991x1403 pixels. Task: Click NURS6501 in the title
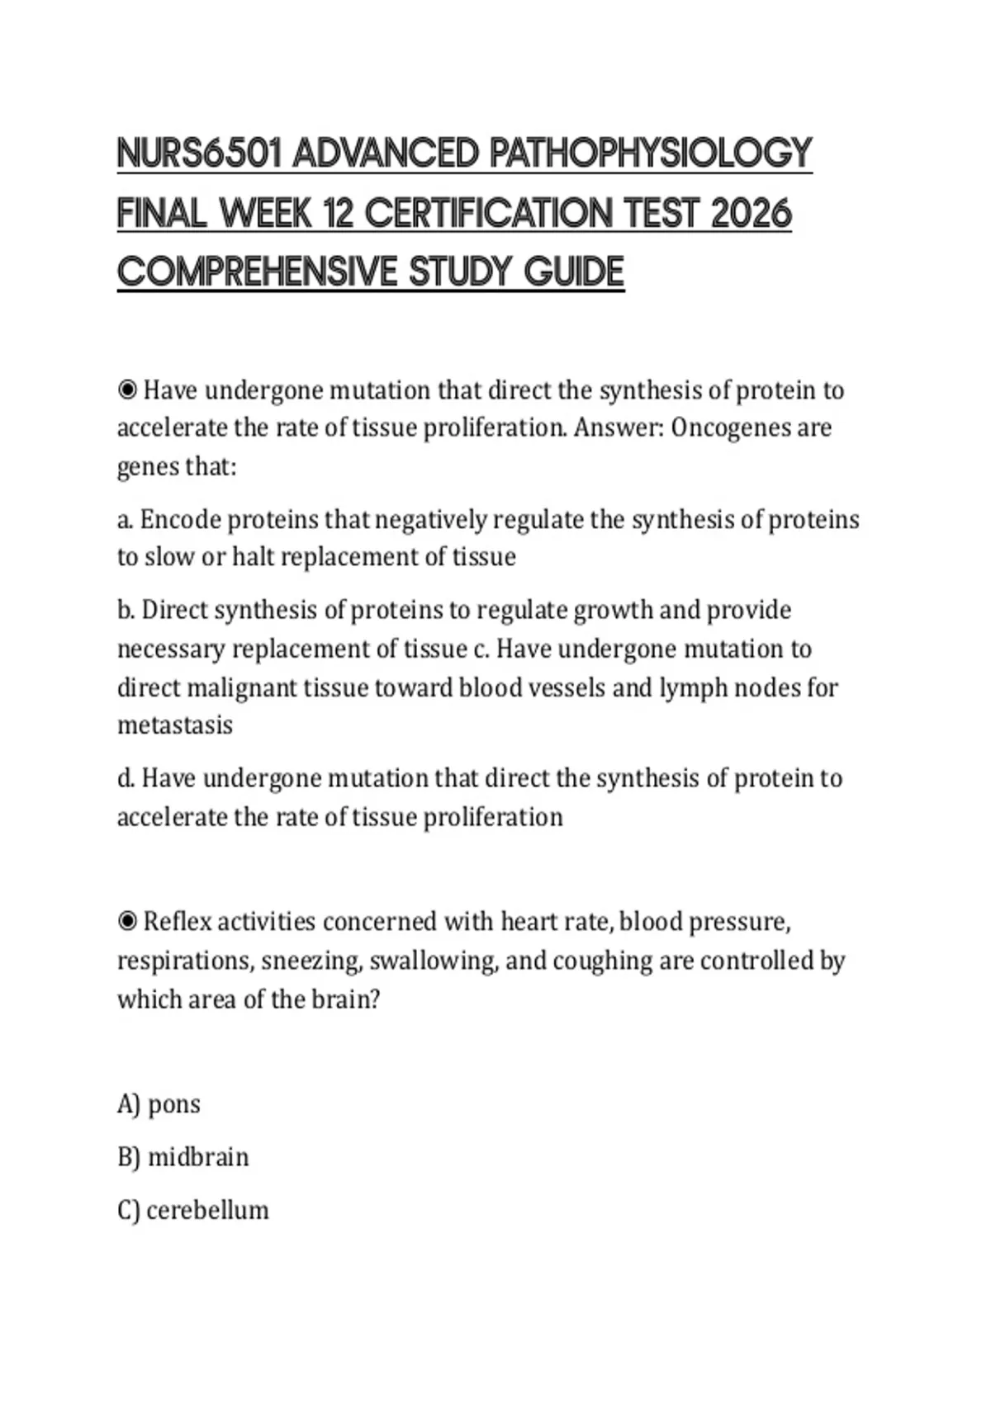(200, 154)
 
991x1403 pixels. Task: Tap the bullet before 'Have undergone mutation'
(127, 390)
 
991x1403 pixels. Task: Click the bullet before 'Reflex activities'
(127, 921)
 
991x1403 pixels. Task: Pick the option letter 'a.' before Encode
(126, 520)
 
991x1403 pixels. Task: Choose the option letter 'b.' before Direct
(126, 610)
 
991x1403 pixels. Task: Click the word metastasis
(175, 725)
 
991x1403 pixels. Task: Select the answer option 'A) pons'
(159, 1104)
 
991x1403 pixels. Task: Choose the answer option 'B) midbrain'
(183, 1157)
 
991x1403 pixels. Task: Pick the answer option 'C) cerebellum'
(192, 1210)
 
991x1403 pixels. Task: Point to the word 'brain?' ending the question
(346, 999)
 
